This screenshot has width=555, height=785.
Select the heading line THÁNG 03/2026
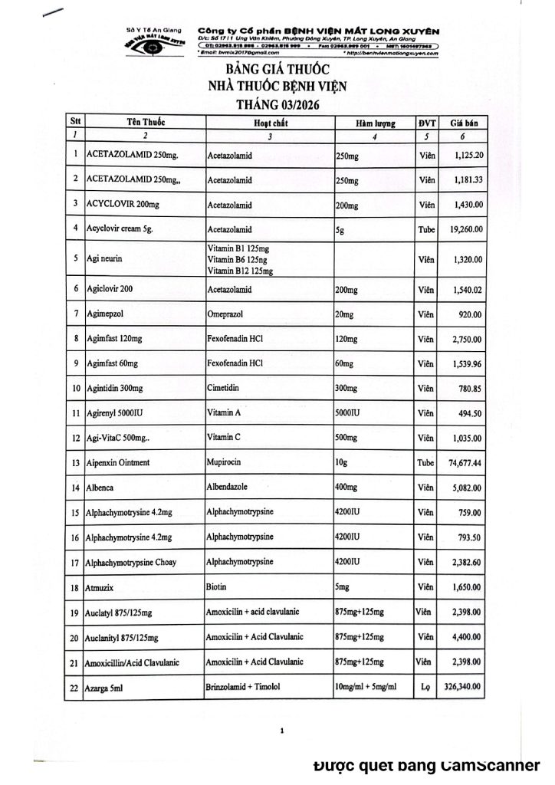click(277, 103)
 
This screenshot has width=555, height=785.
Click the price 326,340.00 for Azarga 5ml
click(461, 688)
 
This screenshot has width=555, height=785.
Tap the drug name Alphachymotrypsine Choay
click(131, 563)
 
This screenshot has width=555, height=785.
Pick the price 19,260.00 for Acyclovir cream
click(464, 228)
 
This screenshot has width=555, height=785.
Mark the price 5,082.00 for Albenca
click(466, 488)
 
